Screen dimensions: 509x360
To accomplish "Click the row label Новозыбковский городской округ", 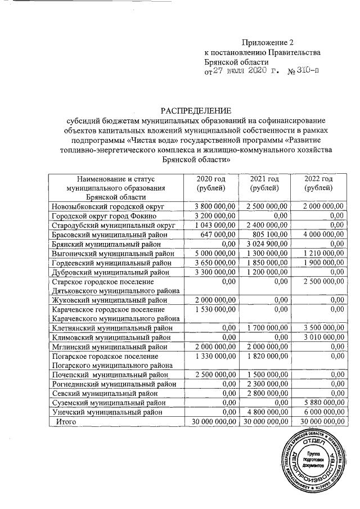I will click(107, 208).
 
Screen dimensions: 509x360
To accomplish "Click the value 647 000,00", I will click(217, 235).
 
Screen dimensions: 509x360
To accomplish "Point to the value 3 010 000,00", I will click(321, 337).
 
